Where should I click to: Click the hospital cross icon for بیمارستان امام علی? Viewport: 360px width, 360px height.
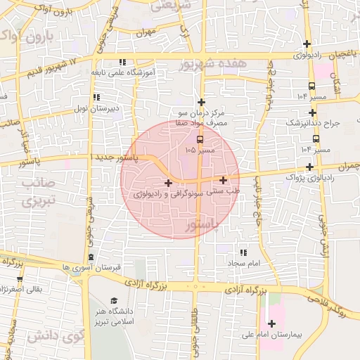272,323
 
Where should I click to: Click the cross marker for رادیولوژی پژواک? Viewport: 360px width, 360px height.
310,167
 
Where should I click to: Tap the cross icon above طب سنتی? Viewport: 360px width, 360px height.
223,180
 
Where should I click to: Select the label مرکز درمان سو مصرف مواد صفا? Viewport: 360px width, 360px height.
204,117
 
